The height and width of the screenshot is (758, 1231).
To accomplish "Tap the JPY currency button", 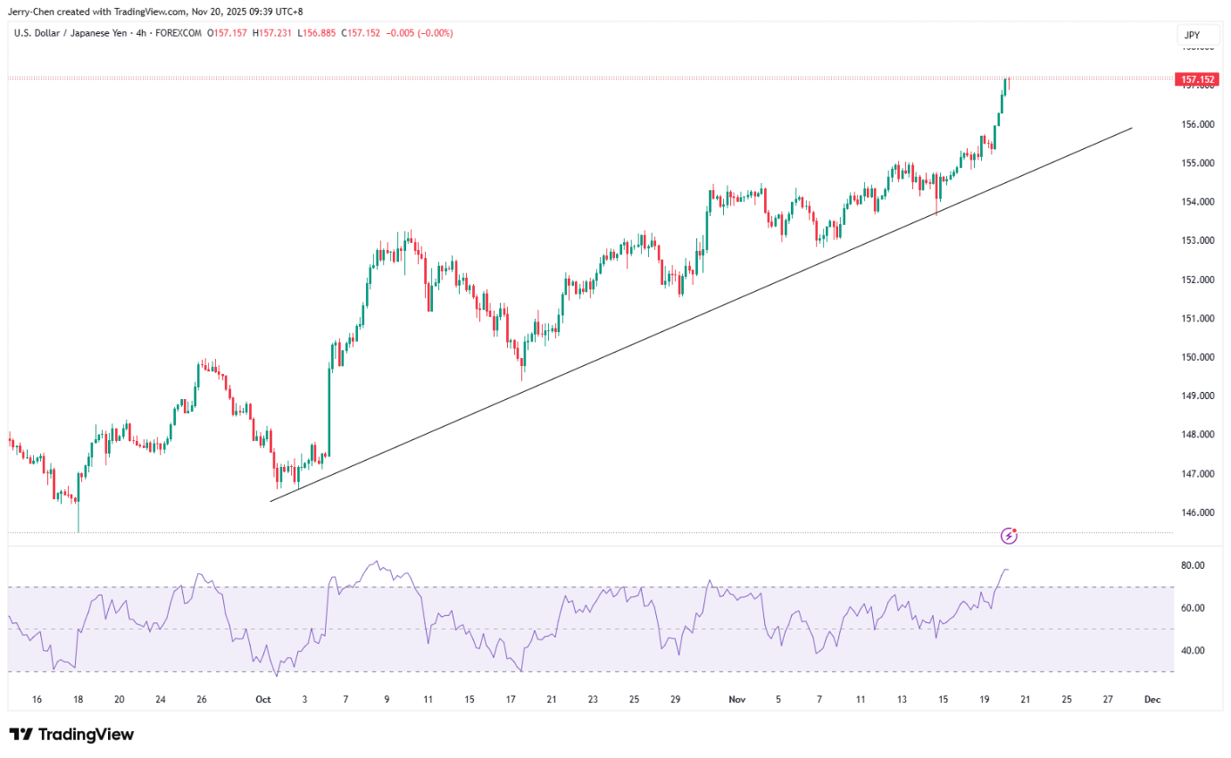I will tap(1192, 36).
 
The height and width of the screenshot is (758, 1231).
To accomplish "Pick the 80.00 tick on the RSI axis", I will tap(1193, 565).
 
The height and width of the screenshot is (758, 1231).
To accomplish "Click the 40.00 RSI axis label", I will tap(1193, 651).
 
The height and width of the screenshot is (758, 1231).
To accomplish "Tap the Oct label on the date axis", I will tap(262, 700).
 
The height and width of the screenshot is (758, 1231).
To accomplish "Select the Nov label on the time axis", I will tap(737, 700).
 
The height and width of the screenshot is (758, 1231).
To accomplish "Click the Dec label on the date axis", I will tap(1152, 700).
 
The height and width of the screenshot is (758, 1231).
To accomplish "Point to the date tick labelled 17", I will tap(511, 700).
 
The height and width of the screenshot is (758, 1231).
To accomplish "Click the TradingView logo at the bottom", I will tap(71, 735).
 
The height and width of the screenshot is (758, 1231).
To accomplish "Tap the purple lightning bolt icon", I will tap(1010, 536).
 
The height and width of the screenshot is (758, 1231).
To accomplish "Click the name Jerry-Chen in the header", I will tap(32, 12).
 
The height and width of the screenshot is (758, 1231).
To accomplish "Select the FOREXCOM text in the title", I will tap(181, 33).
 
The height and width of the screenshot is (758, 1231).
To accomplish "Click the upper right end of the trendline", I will tap(1132, 128).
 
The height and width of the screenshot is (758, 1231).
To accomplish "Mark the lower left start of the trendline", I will tap(270, 501).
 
